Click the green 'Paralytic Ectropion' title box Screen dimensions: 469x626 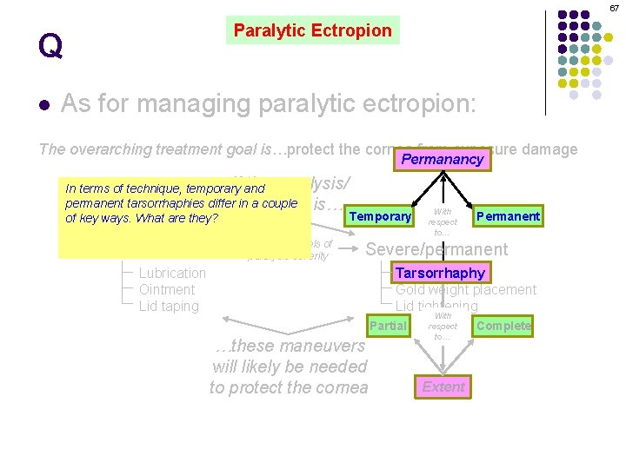[312, 30]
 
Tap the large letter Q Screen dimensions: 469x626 [50, 46]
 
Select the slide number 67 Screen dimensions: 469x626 [614, 8]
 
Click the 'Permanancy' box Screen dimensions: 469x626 [443, 160]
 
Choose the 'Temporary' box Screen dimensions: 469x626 [380, 216]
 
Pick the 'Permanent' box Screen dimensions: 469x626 [508, 216]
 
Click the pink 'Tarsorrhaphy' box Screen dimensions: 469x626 [440, 273]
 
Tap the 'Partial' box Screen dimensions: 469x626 [388, 326]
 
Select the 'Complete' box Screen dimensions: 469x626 [503, 326]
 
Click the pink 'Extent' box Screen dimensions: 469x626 [443, 386]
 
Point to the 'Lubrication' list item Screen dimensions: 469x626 [173, 273]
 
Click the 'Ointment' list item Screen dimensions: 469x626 [167, 289]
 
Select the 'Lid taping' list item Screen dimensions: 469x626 [169, 306]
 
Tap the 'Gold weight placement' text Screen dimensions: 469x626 [466, 289]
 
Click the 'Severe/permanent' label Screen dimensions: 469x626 [436, 249]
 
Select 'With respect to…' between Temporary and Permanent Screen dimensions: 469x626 [443, 221]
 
